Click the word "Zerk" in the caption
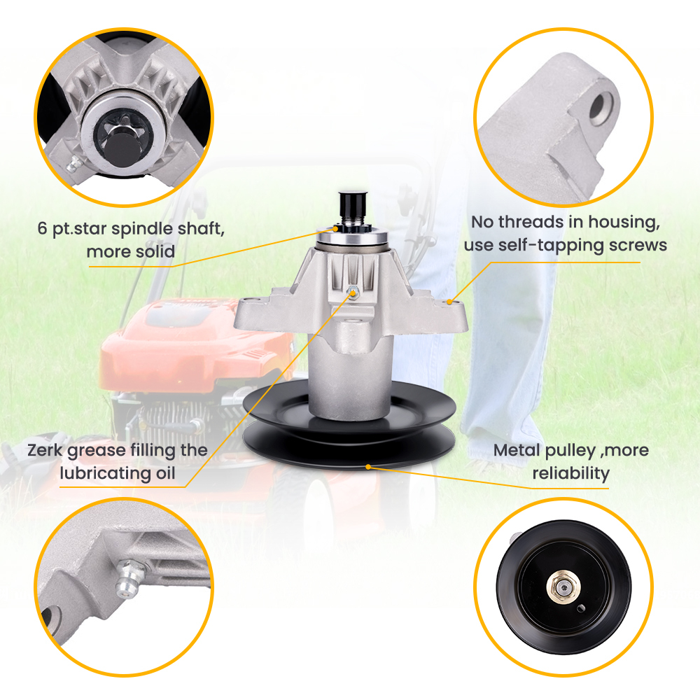[45, 450]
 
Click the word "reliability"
[570, 473]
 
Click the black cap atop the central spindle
[353, 203]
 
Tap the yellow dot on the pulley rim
[368, 467]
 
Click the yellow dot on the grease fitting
[353, 293]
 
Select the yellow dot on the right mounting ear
[449, 302]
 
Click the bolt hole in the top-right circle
[601, 108]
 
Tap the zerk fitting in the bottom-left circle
[130, 578]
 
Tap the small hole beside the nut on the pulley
[580, 608]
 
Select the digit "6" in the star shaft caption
[43, 228]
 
